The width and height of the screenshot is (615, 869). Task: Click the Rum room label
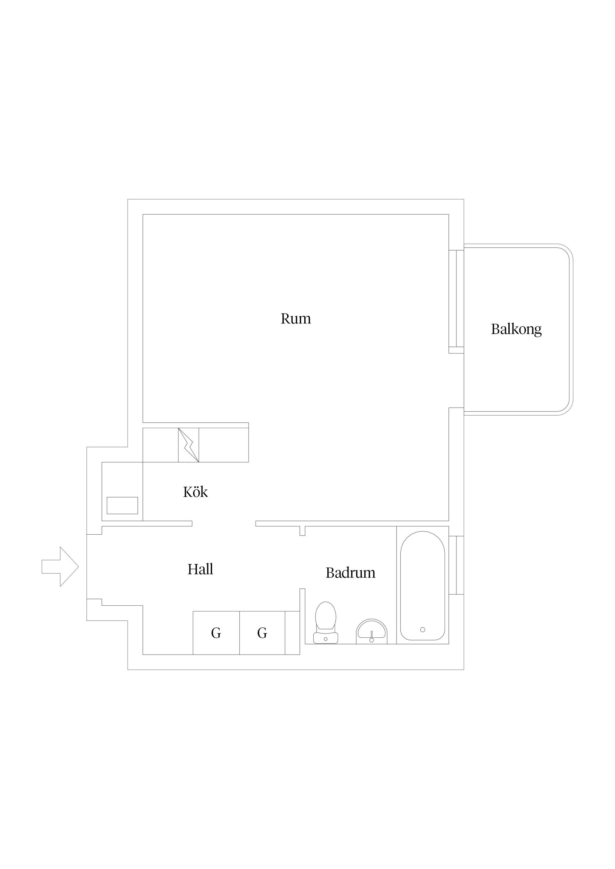pyautogui.click(x=296, y=319)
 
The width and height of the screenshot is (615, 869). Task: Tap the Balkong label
pyautogui.click(x=516, y=329)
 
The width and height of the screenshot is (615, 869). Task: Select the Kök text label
pyautogui.click(x=195, y=492)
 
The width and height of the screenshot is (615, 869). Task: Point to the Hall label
pyautogui.click(x=201, y=569)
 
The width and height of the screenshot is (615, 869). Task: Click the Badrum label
pyautogui.click(x=350, y=573)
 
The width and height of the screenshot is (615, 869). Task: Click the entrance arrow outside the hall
pyautogui.click(x=60, y=567)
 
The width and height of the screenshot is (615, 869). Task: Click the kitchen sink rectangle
pyautogui.click(x=122, y=505)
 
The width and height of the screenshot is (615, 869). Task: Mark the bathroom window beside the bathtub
pyautogui.click(x=456, y=565)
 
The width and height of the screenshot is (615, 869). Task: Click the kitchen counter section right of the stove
pyautogui.click(x=224, y=445)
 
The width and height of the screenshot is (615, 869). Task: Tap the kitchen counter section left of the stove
pyautogui.click(x=161, y=445)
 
